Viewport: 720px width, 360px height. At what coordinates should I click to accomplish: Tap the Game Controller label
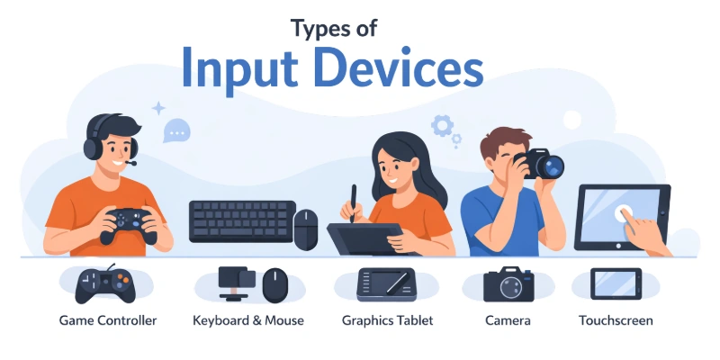[x=108, y=320]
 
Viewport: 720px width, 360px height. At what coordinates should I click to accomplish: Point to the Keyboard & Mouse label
[x=248, y=320]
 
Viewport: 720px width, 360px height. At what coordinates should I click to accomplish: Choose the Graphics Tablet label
[x=388, y=320]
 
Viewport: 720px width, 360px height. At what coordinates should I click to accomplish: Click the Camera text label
[x=508, y=320]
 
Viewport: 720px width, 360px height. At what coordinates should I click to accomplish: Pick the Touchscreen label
[x=616, y=320]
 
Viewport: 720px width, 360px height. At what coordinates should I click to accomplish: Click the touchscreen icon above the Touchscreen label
[x=616, y=284]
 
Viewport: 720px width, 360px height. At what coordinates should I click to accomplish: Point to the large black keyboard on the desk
[x=242, y=220]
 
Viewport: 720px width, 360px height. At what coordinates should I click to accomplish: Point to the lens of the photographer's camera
[x=552, y=166]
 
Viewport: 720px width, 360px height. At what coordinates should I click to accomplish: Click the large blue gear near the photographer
[x=442, y=124]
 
